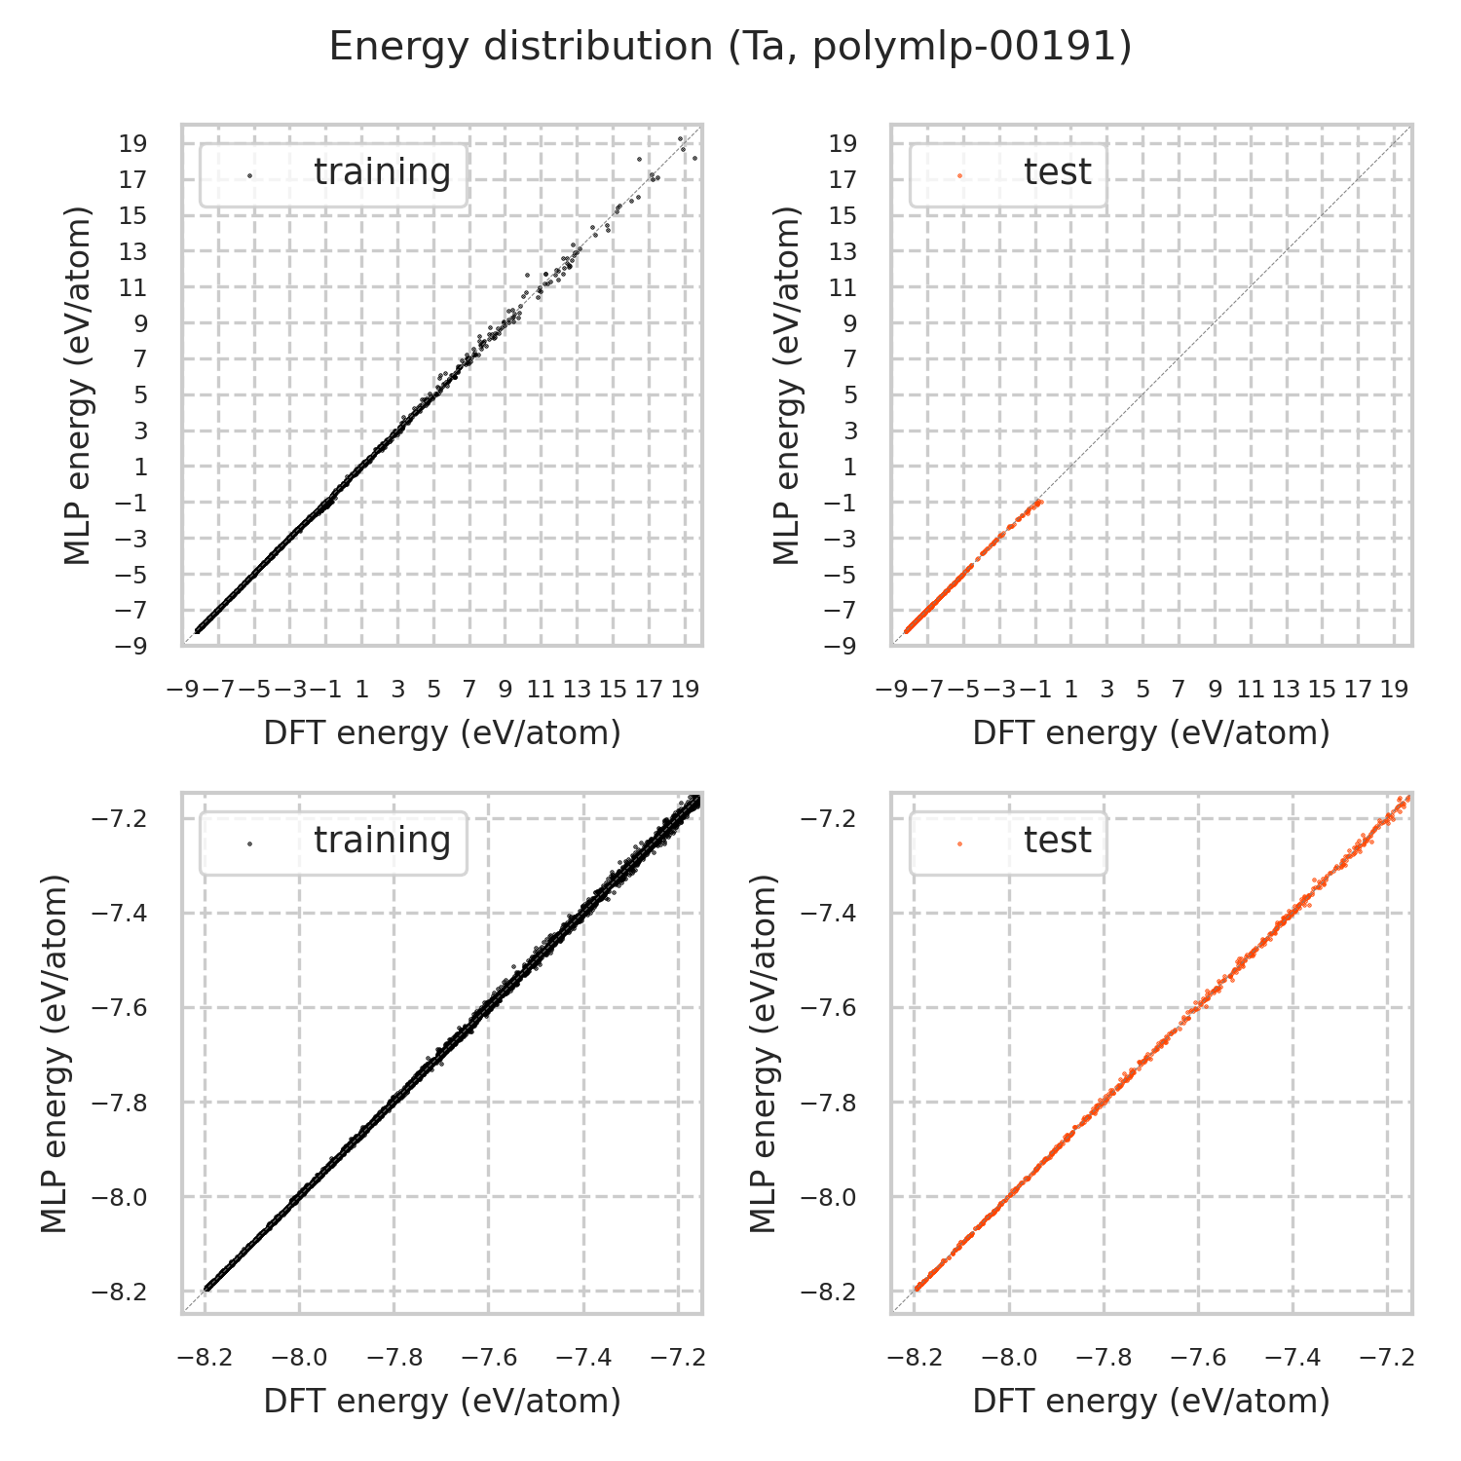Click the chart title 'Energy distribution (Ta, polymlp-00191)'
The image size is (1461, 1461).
pyautogui.click(x=730, y=47)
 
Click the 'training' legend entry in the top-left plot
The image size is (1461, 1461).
pyautogui.click(x=382, y=172)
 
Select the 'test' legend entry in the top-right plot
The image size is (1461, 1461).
pyautogui.click(x=1057, y=172)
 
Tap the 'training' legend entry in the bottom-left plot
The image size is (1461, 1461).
pyautogui.click(x=382, y=841)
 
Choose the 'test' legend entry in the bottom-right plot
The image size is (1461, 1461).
pyautogui.click(x=1057, y=841)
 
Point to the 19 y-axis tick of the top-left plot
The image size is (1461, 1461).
pyautogui.click(x=134, y=144)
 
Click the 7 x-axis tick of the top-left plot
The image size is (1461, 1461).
pyautogui.click(x=469, y=690)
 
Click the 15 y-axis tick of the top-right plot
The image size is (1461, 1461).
pyautogui.click(x=843, y=216)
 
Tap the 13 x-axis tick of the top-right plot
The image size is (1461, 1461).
pyautogui.click(x=1286, y=690)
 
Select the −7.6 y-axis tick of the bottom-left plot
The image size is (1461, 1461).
pyautogui.click(x=119, y=1007)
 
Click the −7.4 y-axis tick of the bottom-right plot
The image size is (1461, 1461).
pyautogui.click(x=828, y=913)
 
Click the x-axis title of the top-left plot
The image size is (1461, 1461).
pyautogui.click(x=442, y=733)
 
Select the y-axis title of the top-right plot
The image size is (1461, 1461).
pyautogui.click(x=786, y=385)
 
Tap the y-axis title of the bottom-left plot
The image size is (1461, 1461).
pyautogui.click(x=56, y=1054)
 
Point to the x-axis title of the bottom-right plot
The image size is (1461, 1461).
pyautogui.click(x=1151, y=1402)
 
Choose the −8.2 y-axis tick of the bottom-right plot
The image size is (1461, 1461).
pyautogui.click(x=828, y=1292)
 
